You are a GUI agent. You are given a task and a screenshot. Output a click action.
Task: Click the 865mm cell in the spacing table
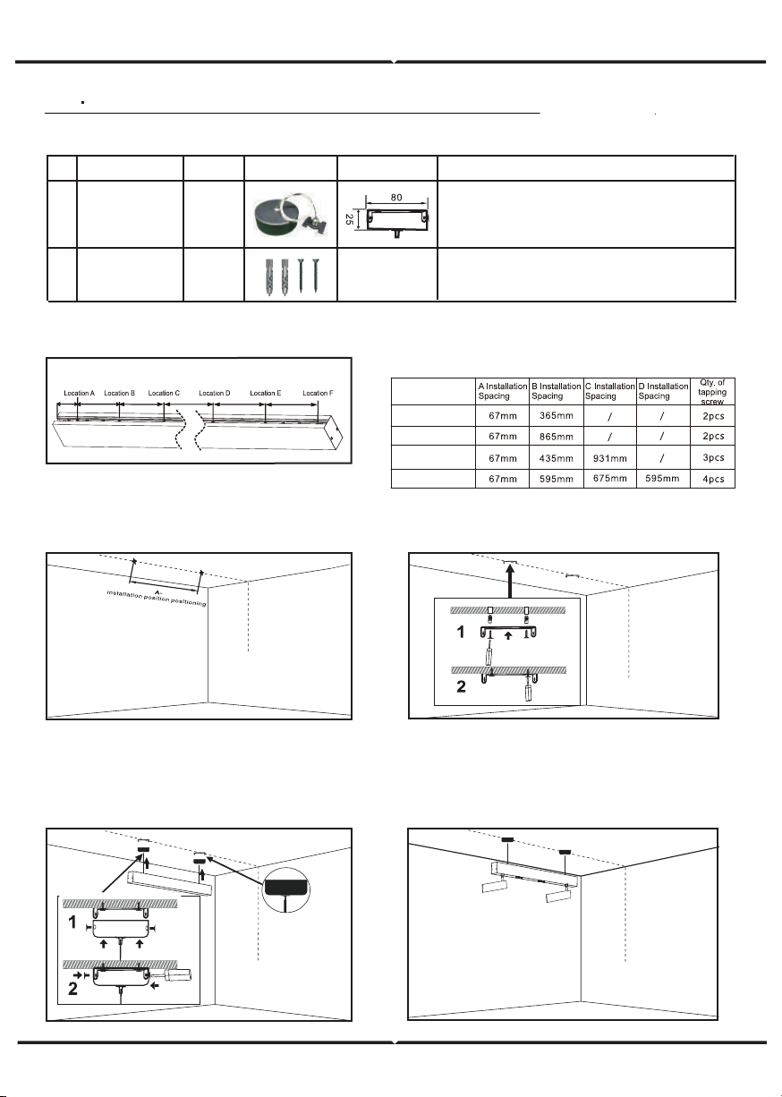pyautogui.click(x=556, y=437)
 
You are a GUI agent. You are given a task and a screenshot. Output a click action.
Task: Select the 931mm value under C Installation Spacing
pyautogui.click(x=609, y=458)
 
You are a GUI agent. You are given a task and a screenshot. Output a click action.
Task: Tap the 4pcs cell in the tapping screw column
pyautogui.click(x=713, y=479)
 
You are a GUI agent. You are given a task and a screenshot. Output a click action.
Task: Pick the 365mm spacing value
pyautogui.click(x=556, y=416)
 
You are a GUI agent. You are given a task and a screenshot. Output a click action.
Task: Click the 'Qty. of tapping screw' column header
pyautogui.click(x=712, y=392)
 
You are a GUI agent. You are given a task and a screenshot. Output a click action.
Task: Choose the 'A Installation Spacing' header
pyautogui.click(x=503, y=391)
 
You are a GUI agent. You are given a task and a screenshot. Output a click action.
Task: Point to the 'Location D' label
pyautogui.click(x=215, y=393)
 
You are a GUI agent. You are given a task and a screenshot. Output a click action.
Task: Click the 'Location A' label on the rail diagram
pyautogui.click(x=80, y=393)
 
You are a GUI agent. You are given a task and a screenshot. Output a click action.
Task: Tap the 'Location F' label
pyautogui.click(x=318, y=393)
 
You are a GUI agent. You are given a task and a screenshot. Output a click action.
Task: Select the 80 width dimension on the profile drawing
pyautogui.click(x=396, y=198)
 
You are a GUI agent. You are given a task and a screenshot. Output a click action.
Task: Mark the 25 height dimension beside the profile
pyautogui.click(x=349, y=219)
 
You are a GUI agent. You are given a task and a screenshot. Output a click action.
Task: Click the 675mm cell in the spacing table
pyautogui.click(x=609, y=478)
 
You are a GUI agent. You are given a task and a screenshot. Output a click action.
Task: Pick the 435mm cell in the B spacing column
pyautogui.click(x=556, y=458)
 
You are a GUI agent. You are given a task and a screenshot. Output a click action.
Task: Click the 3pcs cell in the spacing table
pyautogui.click(x=713, y=457)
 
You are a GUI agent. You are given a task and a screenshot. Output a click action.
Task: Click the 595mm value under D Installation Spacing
pyautogui.click(x=662, y=479)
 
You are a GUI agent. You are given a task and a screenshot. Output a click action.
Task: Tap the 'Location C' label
pyautogui.click(x=164, y=393)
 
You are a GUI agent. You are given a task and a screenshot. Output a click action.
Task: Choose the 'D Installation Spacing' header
pyautogui.click(x=663, y=391)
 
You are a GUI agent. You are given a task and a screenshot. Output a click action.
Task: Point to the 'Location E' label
pyautogui.click(x=266, y=393)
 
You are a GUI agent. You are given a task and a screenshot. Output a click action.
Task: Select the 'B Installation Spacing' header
pyautogui.click(x=557, y=391)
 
